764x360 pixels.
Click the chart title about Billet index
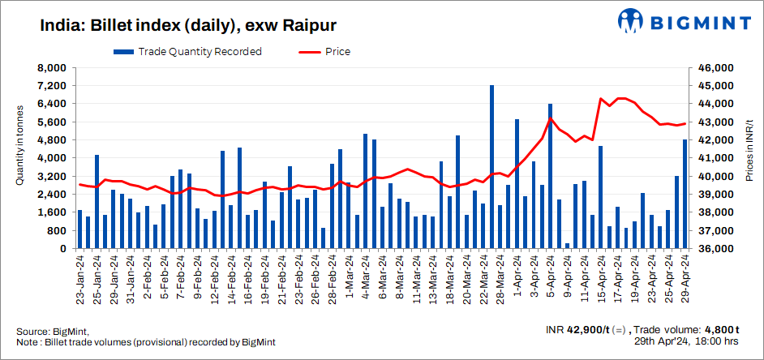coord(188,25)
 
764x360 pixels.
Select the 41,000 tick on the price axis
coord(712,158)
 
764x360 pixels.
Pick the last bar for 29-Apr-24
coord(685,194)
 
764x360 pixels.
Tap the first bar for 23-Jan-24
coord(79,229)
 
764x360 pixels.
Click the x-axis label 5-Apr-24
coord(550,277)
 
